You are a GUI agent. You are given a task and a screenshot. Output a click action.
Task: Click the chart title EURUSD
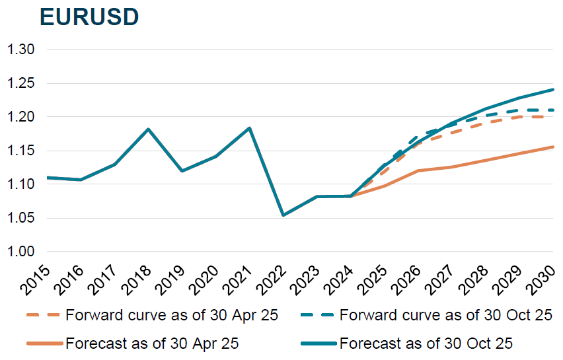[x=89, y=17]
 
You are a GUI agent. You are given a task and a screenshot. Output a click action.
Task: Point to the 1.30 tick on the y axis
[x=20, y=50]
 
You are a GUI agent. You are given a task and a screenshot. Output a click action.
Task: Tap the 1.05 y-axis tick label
[x=20, y=218]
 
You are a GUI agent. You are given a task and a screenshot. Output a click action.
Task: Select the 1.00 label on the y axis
[x=20, y=252]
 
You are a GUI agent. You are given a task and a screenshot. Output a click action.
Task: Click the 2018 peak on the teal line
[x=148, y=129]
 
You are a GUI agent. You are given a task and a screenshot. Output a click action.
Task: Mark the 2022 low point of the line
[x=283, y=215]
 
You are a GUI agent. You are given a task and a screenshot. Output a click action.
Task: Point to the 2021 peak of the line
[x=250, y=127]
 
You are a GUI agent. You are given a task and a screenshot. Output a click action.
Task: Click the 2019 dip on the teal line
[x=182, y=170]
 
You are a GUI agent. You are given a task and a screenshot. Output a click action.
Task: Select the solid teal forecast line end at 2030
[x=552, y=89]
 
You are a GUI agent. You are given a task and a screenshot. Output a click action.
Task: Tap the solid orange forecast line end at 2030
[x=552, y=147]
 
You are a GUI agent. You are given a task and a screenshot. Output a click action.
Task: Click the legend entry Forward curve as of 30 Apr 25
[x=153, y=315]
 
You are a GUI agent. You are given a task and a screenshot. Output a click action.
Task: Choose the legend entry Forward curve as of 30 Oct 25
[x=426, y=315]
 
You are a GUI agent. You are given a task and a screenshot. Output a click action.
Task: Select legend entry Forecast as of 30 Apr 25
[x=133, y=343]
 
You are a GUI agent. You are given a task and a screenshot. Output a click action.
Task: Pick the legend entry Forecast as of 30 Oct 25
[x=406, y=343]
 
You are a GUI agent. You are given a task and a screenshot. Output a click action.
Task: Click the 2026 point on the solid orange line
[x=418, y=170]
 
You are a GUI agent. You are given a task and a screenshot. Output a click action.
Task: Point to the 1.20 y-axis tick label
[x=20, y=117]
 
